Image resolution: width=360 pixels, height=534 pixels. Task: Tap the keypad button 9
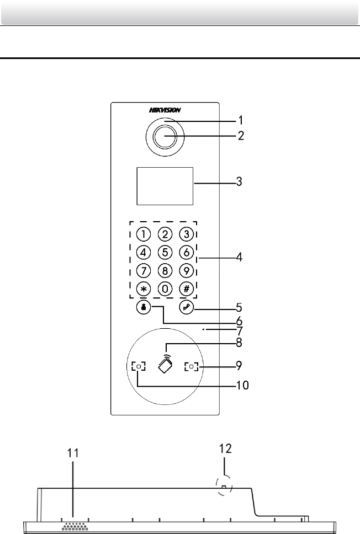tap(187, 270)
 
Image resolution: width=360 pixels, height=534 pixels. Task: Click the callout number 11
tap(73, 454)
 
